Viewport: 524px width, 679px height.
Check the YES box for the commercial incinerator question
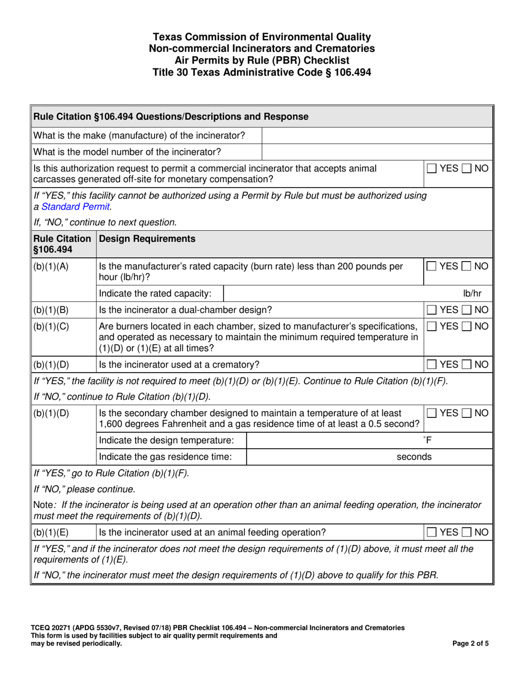(x=431, y=168)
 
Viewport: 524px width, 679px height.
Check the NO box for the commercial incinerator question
(x=467, y=168)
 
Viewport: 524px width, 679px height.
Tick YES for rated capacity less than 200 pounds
(x=431, y=267)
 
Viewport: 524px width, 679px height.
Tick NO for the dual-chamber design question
(x=467, y=310)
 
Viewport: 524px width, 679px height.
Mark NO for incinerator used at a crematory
(x=467, y=364)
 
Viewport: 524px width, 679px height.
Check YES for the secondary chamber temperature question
(x=431, y=413)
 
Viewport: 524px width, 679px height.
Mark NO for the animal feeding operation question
(x=467, y=532)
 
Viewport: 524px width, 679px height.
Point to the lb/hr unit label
(x=473, y=294)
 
